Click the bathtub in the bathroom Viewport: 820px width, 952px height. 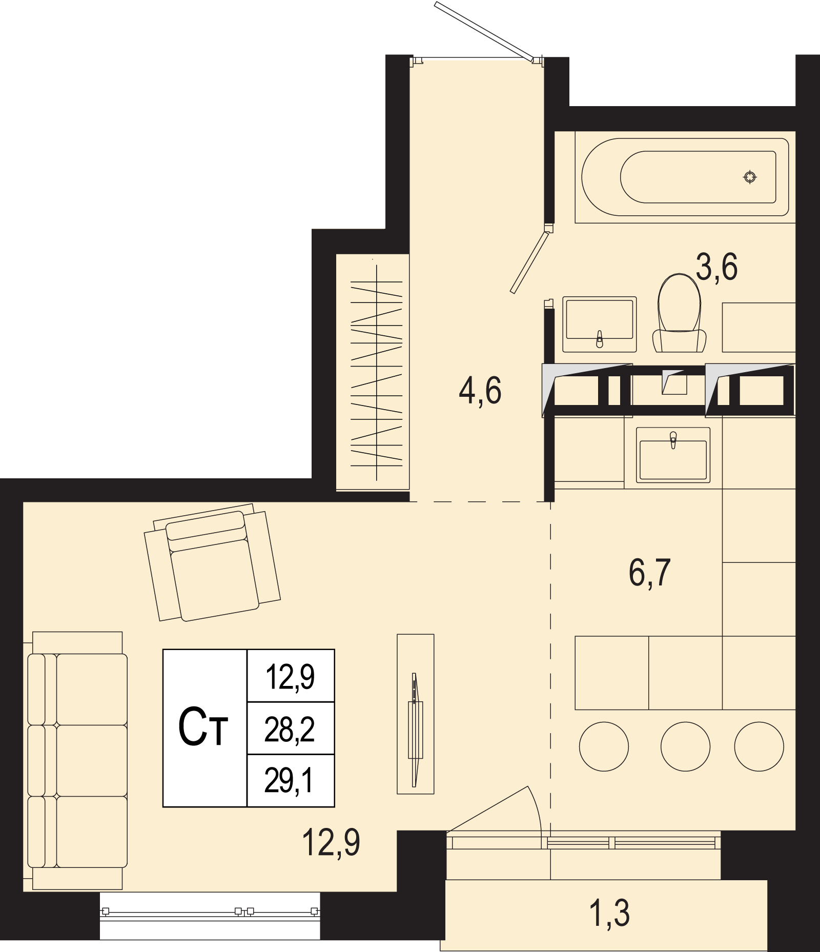coord(685,177)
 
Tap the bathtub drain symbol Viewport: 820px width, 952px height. coord(750,177)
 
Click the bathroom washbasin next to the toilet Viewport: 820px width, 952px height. coord(599,324)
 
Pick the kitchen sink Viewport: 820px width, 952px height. coord(673,455)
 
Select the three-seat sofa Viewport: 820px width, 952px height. coord(77,735)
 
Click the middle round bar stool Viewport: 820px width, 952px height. coord(685,746)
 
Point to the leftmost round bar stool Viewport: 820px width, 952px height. coord(604,746)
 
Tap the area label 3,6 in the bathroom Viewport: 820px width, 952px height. coord(716,267)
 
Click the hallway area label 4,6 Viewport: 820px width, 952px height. coord(480,391)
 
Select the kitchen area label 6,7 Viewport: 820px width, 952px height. coord(649,573)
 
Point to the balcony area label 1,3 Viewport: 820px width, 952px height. coord(610,914)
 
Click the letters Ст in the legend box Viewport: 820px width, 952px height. coord(203,727)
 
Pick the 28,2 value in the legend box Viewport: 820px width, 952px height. coord(290,730)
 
